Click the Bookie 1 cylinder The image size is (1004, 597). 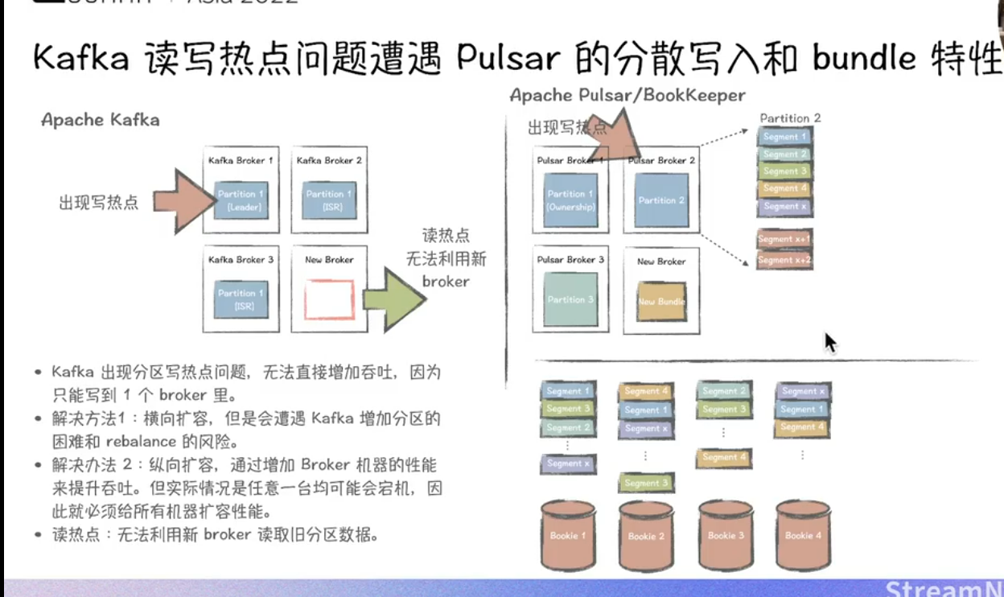coord(568,534)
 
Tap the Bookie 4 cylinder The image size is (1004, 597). coord(802,534)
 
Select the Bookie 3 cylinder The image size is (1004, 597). coord(725,534)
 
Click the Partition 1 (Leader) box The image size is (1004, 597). coord(241,201)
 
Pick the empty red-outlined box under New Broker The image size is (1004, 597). coord(329,300)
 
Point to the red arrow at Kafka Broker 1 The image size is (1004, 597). coord(178,201)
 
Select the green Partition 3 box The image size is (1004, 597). coord(570,300)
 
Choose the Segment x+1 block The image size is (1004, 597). coord(784,239)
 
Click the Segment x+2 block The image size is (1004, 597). coord(784,259)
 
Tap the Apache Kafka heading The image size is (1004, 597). coord(101,121)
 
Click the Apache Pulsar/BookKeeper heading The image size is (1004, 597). coord(627,96)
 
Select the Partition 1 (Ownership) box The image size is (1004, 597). coord(570,201)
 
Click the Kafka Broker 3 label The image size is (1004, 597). coord(241,260)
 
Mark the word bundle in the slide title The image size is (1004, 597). coord(864,59)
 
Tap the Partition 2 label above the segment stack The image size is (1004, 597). coord(790,118)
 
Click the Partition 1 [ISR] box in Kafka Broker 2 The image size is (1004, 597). coord(329,201)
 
